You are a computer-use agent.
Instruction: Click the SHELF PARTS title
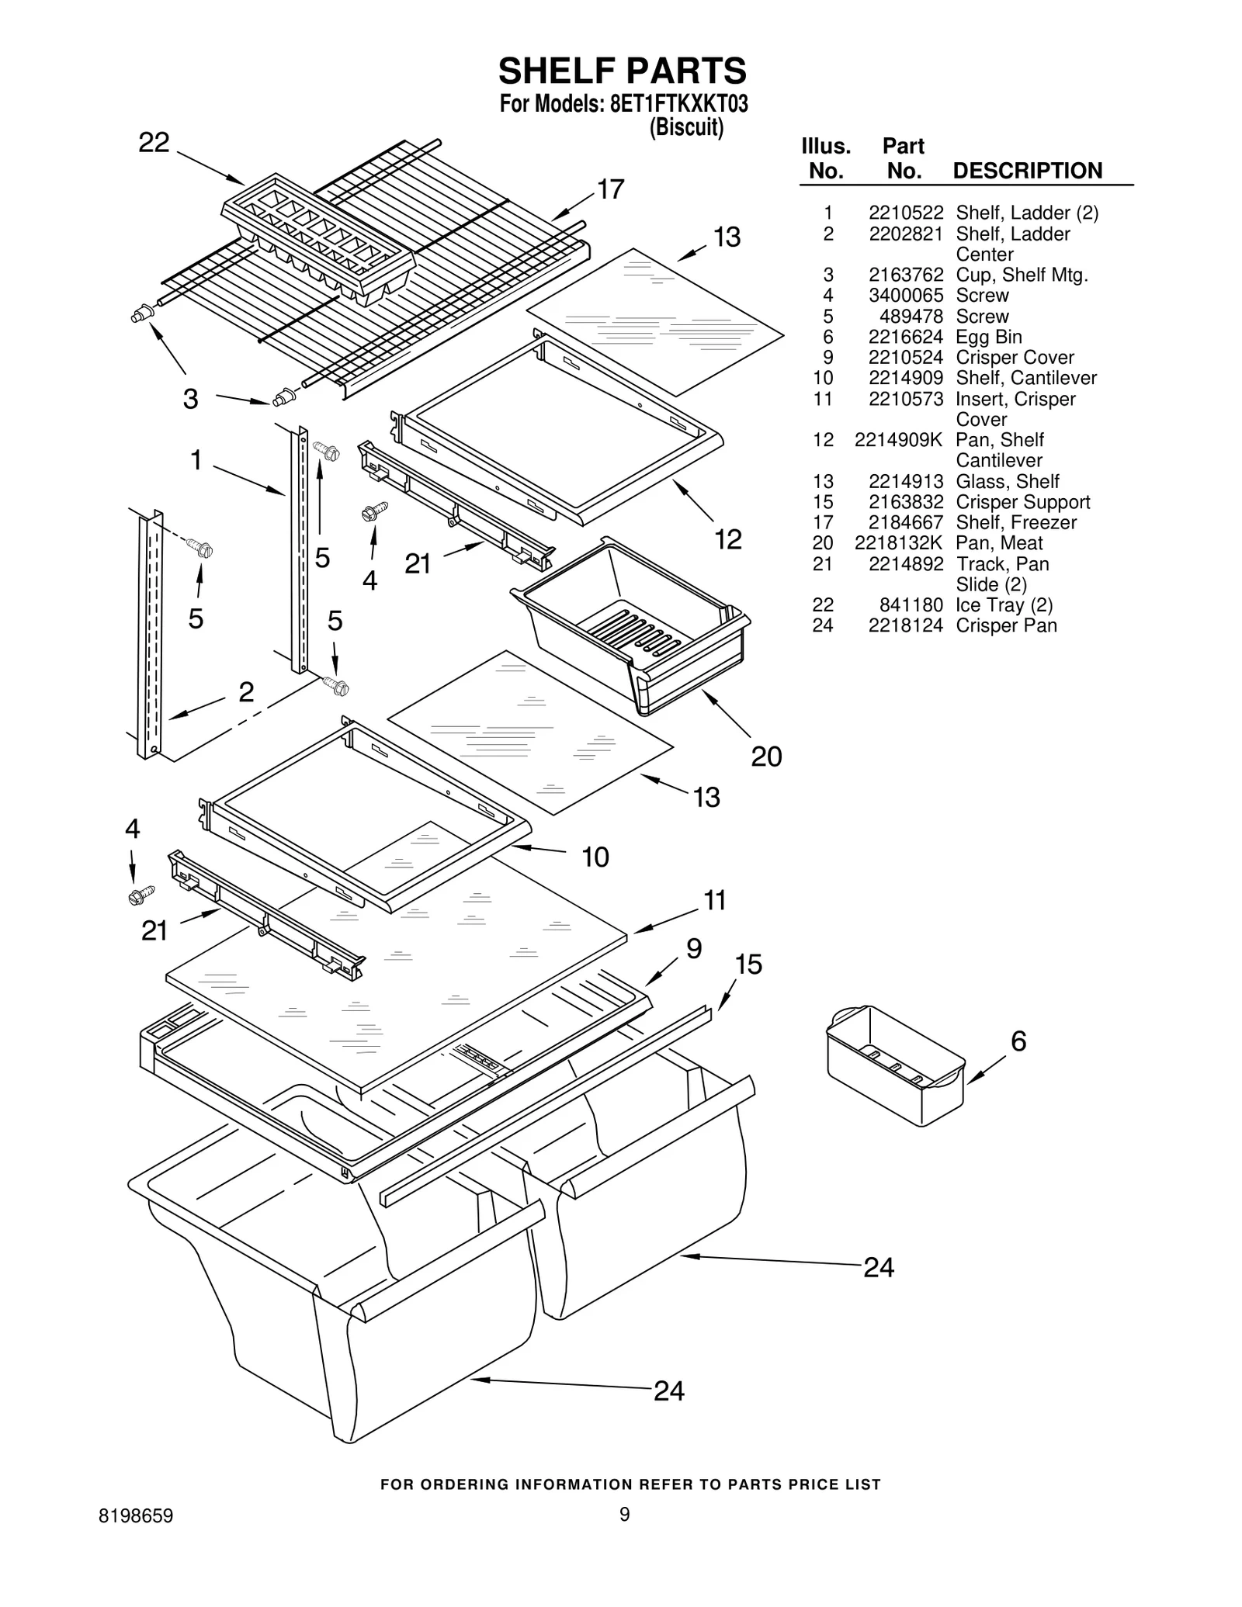tap(622, 71)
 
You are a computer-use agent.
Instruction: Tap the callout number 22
tap(154, 143)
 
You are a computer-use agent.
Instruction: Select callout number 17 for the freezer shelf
tap(610, 189)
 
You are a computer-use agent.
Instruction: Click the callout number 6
tap(1018, 1041)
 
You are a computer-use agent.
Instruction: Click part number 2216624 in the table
tap(905, 337)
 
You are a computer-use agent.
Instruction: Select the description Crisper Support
tap(1022, 502)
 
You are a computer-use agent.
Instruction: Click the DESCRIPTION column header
tap(1027, 171)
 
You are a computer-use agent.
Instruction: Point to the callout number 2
tap(246, 691)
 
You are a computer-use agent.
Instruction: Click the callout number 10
tap(595, 857)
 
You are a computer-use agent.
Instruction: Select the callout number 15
tap(748, 965)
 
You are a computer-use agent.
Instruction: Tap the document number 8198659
tap(136, 1516)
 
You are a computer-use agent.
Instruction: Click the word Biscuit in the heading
tap(686, 127)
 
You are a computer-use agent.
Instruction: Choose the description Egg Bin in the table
tap(988, 337)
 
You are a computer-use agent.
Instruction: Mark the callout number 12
tap(727, 539)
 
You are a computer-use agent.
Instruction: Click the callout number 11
tap(714, 900)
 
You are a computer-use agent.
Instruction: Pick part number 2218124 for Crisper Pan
tap(905, 625)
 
